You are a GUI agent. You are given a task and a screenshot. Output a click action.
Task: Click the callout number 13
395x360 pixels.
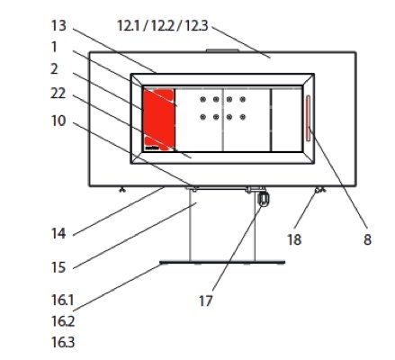(58, 26)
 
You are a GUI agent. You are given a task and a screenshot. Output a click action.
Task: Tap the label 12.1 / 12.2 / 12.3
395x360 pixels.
(162, 26)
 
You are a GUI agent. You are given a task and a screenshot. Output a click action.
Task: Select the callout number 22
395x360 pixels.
(58, 94)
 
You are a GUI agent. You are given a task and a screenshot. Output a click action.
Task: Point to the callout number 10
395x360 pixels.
(58, 121)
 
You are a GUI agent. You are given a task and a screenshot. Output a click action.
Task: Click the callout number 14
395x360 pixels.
(58, 234)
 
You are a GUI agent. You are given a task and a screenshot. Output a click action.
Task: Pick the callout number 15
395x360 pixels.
(58, 267)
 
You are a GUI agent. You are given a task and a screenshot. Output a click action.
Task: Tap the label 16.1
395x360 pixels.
(63, 301)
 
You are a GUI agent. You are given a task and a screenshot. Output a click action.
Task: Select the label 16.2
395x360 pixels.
(63, 321)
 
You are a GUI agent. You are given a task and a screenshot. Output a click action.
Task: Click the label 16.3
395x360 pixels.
(63, 343)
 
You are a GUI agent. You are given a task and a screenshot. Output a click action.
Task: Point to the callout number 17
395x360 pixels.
(206, 301)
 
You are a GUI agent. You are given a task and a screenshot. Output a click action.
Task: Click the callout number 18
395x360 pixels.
(294, 239)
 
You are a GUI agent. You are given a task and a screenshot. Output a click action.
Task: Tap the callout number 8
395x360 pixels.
(367, 239)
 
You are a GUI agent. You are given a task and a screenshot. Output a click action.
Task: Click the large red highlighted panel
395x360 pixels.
(158, 120)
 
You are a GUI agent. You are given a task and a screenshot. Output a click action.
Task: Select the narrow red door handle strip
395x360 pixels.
(309, 118)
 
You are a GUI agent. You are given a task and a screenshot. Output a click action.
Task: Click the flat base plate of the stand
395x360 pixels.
(222, 263)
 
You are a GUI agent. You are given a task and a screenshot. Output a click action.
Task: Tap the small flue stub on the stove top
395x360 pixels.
(222, 50)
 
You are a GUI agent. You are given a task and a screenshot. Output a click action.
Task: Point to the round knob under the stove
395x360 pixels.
(263, 199)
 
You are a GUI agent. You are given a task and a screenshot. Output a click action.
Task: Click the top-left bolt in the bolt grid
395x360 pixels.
(203, 100)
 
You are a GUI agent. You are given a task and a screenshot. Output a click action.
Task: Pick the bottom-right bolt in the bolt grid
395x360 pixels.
(243, 117)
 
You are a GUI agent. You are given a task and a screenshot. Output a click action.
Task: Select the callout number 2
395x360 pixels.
(54, 69)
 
